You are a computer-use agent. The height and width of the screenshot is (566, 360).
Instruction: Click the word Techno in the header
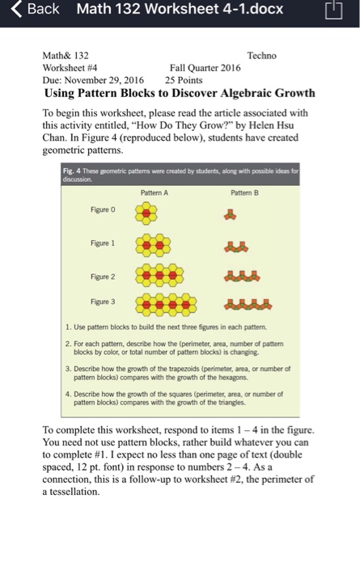261,55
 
